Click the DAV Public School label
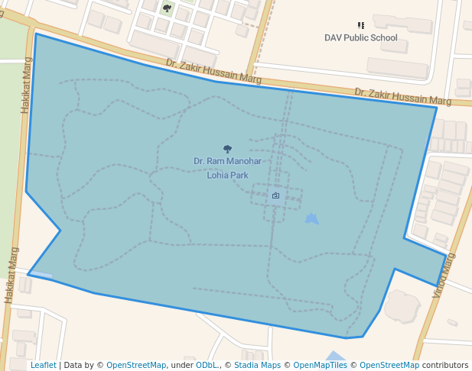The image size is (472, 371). tap(361, 37)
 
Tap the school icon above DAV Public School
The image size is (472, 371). tap(361, 25)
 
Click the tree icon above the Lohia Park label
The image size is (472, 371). tap(227, 149)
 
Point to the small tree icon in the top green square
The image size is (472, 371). tap(167, 8)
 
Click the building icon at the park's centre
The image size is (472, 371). tap(275, 196)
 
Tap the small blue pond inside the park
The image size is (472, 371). tap(311, 219)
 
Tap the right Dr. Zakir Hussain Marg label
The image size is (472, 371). tap(402, 96)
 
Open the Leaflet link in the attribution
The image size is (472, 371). tap(43, 365)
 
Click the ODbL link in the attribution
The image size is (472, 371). tap(207, 365)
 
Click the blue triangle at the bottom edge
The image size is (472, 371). tap(335, 356)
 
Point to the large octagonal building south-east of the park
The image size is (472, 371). tap(402, 305)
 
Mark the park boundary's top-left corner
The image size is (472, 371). tap(36, 34)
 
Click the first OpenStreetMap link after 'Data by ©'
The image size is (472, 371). tap(135, 365)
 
